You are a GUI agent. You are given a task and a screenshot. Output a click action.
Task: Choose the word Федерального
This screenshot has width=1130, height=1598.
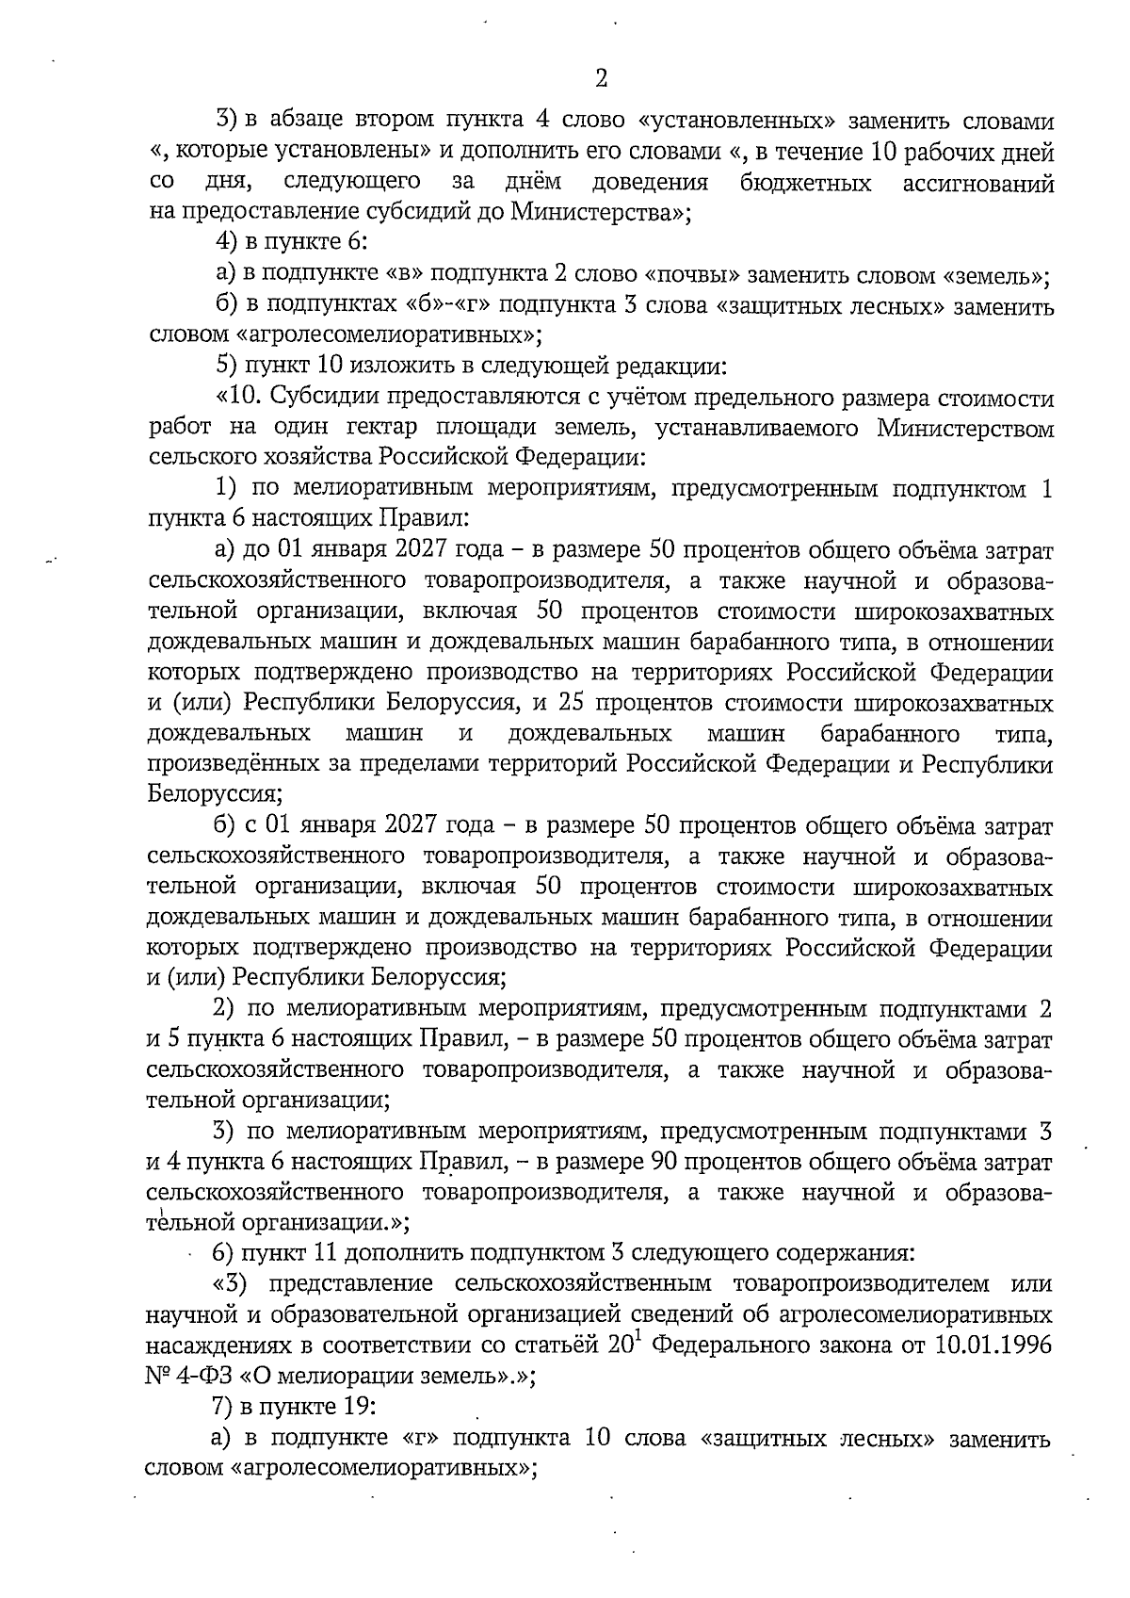[x=730, y=1345]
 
